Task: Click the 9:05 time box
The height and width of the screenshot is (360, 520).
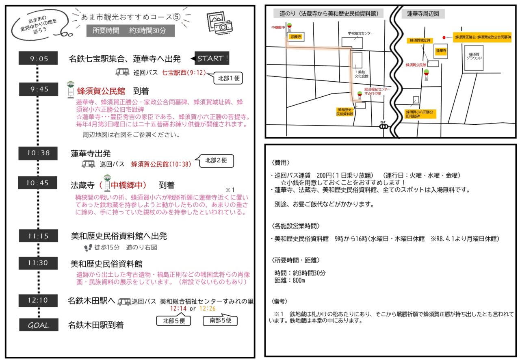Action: click(x=39, y=59)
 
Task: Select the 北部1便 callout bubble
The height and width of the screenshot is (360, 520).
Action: click(x=228, y=78)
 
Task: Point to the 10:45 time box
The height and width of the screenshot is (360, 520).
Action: click(x=39, y=183)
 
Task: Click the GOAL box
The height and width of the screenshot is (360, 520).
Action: click(x=39, y=325)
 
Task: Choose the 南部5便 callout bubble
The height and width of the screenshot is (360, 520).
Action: click(x=220, y=321)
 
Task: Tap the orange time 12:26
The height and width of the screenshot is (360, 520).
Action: click(x=207, y=309)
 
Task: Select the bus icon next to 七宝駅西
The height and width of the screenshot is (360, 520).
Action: click(x=122, y=72)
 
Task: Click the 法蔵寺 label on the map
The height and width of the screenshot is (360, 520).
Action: click(x=295, y=37)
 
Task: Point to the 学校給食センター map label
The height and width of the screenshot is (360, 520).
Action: click(x=360, y=33)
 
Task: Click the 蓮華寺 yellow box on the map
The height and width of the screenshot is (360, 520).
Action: click(x=441, y=51)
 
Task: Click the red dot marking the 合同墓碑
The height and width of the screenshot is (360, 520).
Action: click(x=444, y=37)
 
